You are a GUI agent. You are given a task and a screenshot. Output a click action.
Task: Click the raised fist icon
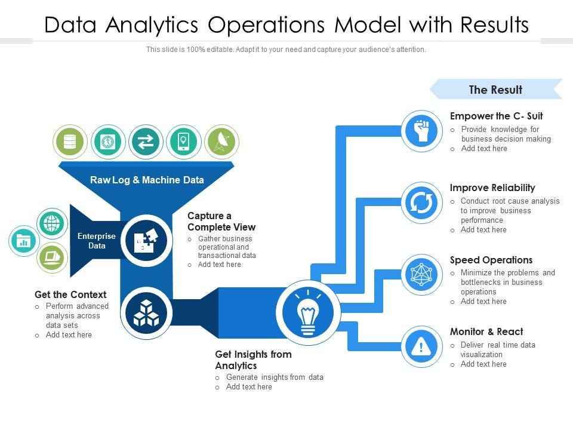tap(422, 131)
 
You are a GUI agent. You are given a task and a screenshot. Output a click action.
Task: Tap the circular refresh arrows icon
tap(422, 203)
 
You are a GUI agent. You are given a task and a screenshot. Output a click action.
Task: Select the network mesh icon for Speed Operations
tap(422, 275)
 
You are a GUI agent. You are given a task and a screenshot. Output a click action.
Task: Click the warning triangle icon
tap(422, 346)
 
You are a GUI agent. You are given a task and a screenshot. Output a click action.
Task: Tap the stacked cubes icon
tap(146, 314)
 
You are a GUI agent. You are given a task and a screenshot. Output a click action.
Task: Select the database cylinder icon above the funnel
tap(70, 142)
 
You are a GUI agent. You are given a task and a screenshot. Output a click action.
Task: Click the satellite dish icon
tap(222, 142)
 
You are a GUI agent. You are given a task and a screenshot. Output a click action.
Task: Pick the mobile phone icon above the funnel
tap(184, 142)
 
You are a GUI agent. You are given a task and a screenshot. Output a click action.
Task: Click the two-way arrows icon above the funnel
tap(146, 142)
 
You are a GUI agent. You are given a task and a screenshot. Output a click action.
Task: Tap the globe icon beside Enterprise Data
tap(53, 223)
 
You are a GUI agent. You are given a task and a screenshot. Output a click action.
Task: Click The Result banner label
tap(495, 90)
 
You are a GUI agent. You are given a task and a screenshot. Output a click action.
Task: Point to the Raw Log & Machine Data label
tap(147, 180)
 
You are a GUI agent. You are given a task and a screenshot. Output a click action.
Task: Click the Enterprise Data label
tap(97, 241)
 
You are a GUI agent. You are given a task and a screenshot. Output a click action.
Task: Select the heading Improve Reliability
tap(492, 188)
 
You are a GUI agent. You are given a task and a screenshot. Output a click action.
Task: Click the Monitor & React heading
tap(486, 331)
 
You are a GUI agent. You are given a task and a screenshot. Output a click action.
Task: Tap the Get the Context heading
tap(70, 294)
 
